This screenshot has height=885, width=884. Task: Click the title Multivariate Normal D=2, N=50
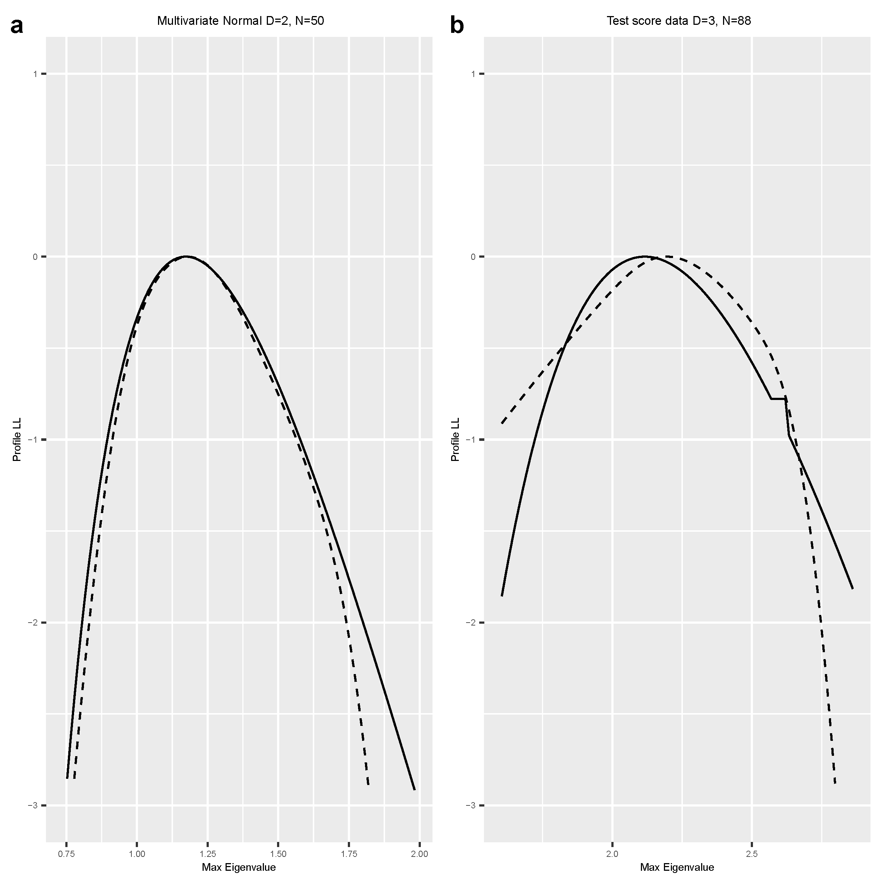pos(241,21)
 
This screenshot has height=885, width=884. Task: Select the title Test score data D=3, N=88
pos(679,21)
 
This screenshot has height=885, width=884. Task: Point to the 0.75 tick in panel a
pos(67,854)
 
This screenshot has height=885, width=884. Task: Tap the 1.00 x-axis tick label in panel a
pos(137,854)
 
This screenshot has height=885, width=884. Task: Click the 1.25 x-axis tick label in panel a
pos(207,854)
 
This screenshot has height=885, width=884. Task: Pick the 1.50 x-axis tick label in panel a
pos(278,854)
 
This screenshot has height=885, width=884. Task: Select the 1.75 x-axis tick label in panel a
pos(349,854)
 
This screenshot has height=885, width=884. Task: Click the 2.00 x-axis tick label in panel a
pos(419,854)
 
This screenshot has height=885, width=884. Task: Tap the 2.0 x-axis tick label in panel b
pos(612,854)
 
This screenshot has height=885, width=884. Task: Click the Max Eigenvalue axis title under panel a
pos(239,867)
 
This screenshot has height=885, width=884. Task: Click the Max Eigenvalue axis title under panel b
pos(677,867)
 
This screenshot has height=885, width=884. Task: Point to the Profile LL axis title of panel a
pos(17,439)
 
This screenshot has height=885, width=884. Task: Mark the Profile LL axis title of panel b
pos(455,439)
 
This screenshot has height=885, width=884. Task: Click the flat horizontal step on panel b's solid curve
pos(778,399)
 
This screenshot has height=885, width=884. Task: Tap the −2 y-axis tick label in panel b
pos(471,623)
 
